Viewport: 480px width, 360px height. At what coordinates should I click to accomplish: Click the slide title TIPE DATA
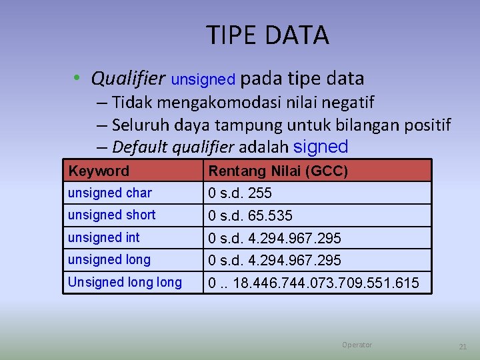[267, 35]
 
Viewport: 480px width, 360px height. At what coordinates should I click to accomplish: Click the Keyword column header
[99, 171]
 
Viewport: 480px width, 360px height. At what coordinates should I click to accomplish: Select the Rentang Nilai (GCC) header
[278, 171]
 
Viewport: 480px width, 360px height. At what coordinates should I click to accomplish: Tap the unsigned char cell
[110, 193]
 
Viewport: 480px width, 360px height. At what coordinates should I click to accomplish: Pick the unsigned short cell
[111, 215]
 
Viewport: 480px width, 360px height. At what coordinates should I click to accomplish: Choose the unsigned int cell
[103, 237]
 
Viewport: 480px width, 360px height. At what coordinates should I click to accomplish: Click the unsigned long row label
[109, 260]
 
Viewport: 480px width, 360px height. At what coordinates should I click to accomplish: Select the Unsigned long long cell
[125, 283]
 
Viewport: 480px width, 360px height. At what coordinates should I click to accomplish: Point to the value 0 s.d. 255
[240, 193]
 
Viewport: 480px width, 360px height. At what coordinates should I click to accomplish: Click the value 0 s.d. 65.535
[250, 216]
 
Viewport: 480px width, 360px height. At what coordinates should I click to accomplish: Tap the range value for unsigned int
[275, 238]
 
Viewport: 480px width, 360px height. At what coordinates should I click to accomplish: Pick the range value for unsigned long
[275, 260]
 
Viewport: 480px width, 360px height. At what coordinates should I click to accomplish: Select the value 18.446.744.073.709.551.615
[326, 283]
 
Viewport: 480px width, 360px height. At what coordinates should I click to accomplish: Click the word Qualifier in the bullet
[128, 79]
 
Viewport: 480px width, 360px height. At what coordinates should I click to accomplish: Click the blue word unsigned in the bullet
[203, 80]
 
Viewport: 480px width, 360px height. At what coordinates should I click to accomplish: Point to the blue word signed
[321, 147]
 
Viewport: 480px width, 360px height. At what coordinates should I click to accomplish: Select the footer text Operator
[357, 345]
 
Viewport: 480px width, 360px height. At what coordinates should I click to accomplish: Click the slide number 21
[463, 347]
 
